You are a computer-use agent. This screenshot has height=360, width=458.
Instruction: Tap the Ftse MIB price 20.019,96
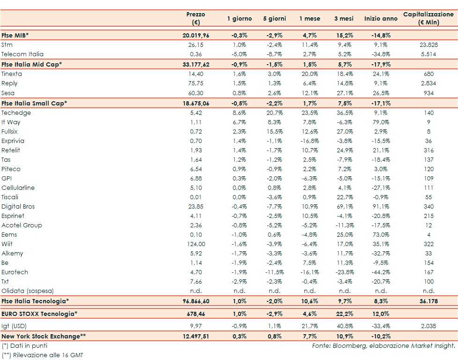point(195,35)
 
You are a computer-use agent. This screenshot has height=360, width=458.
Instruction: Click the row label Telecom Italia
point(22,54)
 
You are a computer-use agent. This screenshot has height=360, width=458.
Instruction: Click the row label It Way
point(11,122)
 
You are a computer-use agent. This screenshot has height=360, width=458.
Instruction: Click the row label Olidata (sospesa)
point(27,291)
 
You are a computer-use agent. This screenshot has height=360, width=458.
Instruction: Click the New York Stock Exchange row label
point(44,336)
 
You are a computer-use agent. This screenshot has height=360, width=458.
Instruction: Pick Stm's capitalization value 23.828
point(428,45)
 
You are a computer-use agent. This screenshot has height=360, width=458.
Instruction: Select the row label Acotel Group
point(22,225)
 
